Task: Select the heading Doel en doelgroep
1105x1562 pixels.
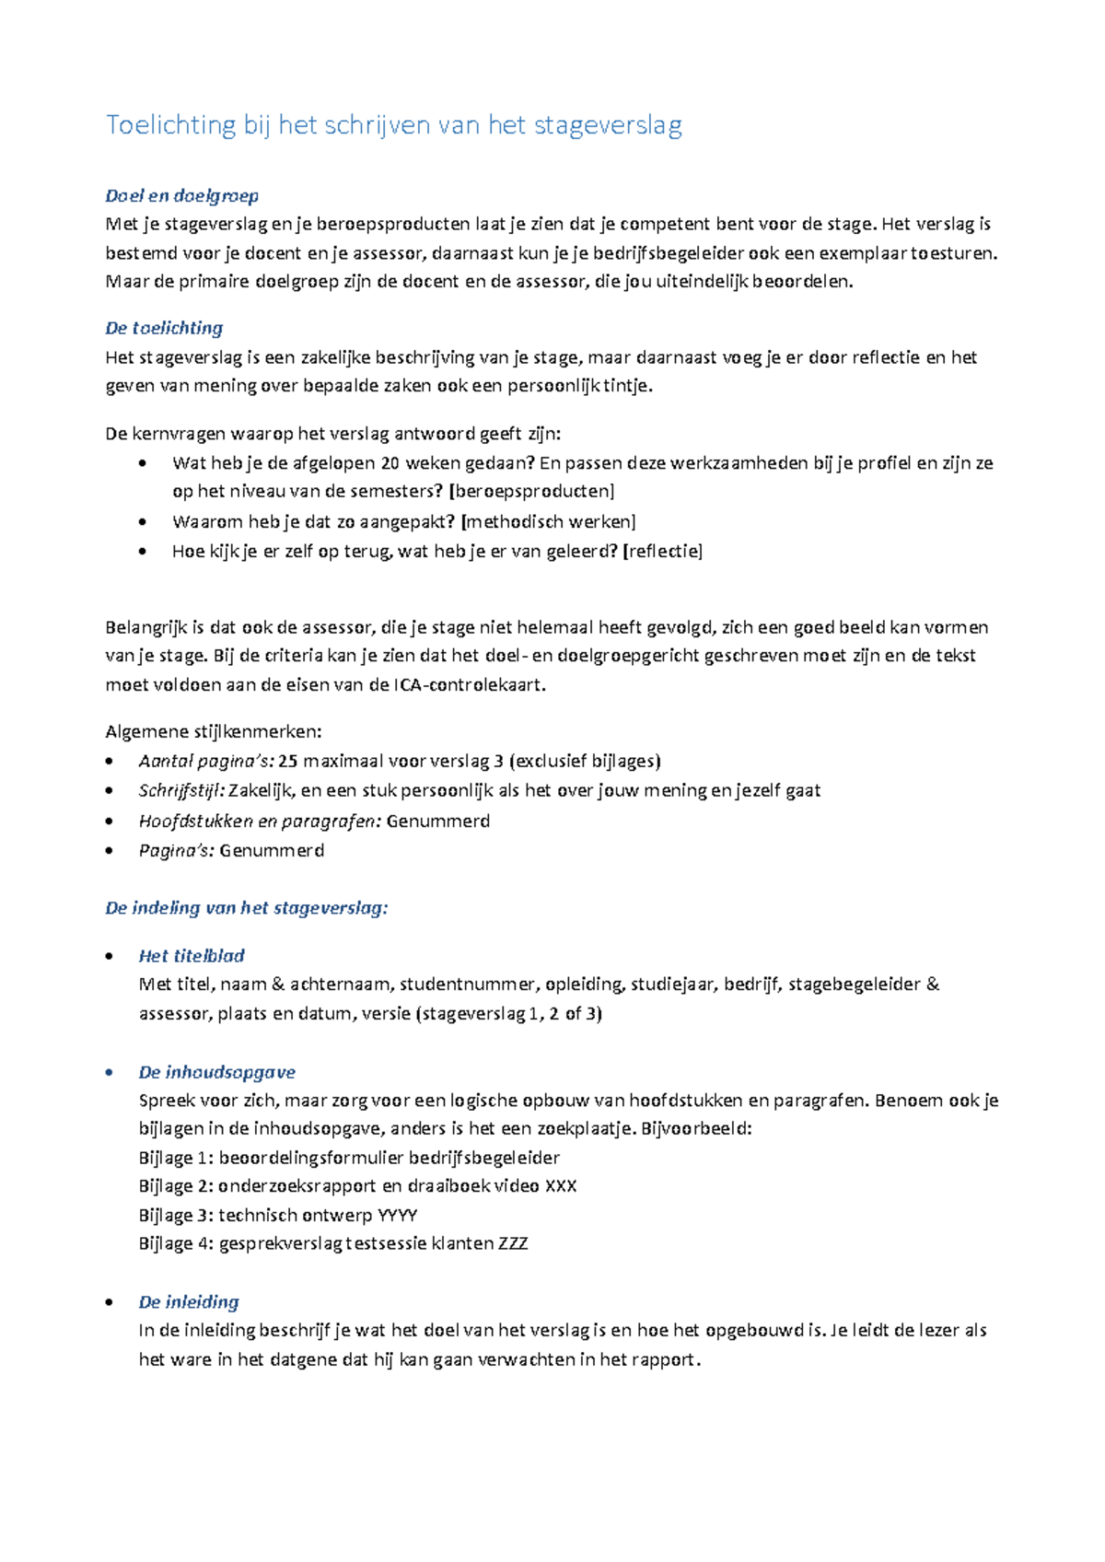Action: [x=181, y=195]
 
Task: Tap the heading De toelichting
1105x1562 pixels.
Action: [x=164, y=328]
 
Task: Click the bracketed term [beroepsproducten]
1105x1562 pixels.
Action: [x=537, y=491]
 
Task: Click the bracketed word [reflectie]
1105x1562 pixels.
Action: [x=663, y=551]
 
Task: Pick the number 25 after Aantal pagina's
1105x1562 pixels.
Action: [x=287, y=761]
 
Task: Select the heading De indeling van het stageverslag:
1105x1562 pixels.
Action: [x=247, y=908]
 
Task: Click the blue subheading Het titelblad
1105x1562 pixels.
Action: [x=192, y=956]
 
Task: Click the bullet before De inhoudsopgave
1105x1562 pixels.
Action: [x=110, y=1073]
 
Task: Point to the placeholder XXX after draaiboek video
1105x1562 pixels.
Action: [x=561, y=1185]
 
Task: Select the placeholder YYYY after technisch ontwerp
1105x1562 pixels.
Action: [x=398, y=1215]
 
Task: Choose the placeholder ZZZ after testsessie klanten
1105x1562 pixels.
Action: [x=513, y=1243]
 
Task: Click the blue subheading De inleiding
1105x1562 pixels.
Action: [x=189, y=1302]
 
